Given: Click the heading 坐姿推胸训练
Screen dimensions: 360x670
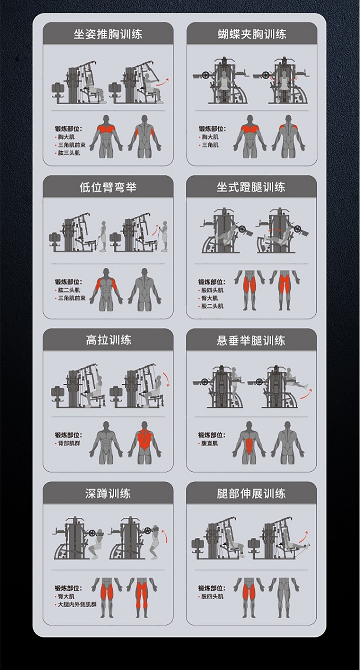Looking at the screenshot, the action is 108,34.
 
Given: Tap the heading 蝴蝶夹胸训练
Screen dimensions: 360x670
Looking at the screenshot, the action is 252,34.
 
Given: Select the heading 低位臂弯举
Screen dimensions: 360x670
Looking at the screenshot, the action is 108,187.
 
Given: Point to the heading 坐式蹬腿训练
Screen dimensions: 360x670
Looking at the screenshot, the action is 251,187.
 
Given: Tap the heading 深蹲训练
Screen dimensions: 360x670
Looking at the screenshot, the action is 108,494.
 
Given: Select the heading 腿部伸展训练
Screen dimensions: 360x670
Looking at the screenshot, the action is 251,494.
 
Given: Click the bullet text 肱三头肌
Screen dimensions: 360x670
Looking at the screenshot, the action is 69,153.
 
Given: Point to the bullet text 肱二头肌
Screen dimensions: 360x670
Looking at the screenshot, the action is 69,290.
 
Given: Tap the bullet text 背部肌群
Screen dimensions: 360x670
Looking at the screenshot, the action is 69,443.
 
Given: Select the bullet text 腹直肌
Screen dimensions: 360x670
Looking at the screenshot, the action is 210,443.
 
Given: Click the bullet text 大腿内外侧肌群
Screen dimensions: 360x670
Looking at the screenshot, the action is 77,605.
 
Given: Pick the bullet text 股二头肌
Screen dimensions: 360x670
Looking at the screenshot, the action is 212,306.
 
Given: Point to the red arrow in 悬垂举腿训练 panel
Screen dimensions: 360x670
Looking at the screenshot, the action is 306,394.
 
